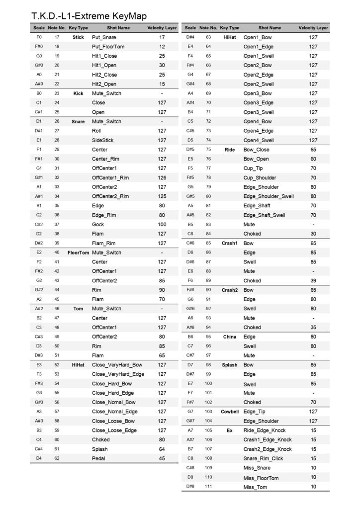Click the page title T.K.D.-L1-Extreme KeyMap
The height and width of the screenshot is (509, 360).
89,16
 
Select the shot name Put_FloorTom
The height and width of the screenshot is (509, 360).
107,47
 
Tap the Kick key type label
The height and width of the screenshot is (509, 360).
78,93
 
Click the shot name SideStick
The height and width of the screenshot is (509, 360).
102,140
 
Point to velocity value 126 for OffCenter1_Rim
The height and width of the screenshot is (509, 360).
162,177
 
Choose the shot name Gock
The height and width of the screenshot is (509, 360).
98,225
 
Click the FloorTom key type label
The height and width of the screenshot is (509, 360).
78,253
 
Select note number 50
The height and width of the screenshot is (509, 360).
57,346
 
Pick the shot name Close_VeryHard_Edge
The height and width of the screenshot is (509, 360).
118,374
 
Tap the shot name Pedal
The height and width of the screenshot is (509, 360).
99,458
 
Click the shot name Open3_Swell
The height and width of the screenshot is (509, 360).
258,112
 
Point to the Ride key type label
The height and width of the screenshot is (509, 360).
230,150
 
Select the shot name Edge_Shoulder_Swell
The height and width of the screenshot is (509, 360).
269,196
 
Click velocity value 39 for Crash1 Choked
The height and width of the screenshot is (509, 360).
313,281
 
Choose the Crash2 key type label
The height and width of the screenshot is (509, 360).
230,290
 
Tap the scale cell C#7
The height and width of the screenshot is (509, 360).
190,355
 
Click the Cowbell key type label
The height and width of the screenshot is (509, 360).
230,412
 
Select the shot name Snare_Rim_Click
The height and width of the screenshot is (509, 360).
263,458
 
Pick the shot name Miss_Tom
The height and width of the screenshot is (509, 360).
255,487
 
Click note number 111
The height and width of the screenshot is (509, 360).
208,487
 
